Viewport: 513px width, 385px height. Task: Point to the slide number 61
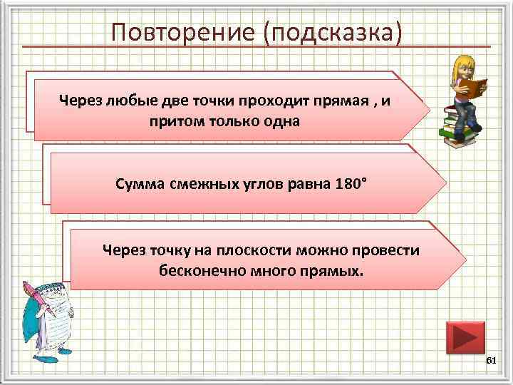point(490,362)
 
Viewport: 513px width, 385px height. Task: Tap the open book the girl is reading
point(472,87)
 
